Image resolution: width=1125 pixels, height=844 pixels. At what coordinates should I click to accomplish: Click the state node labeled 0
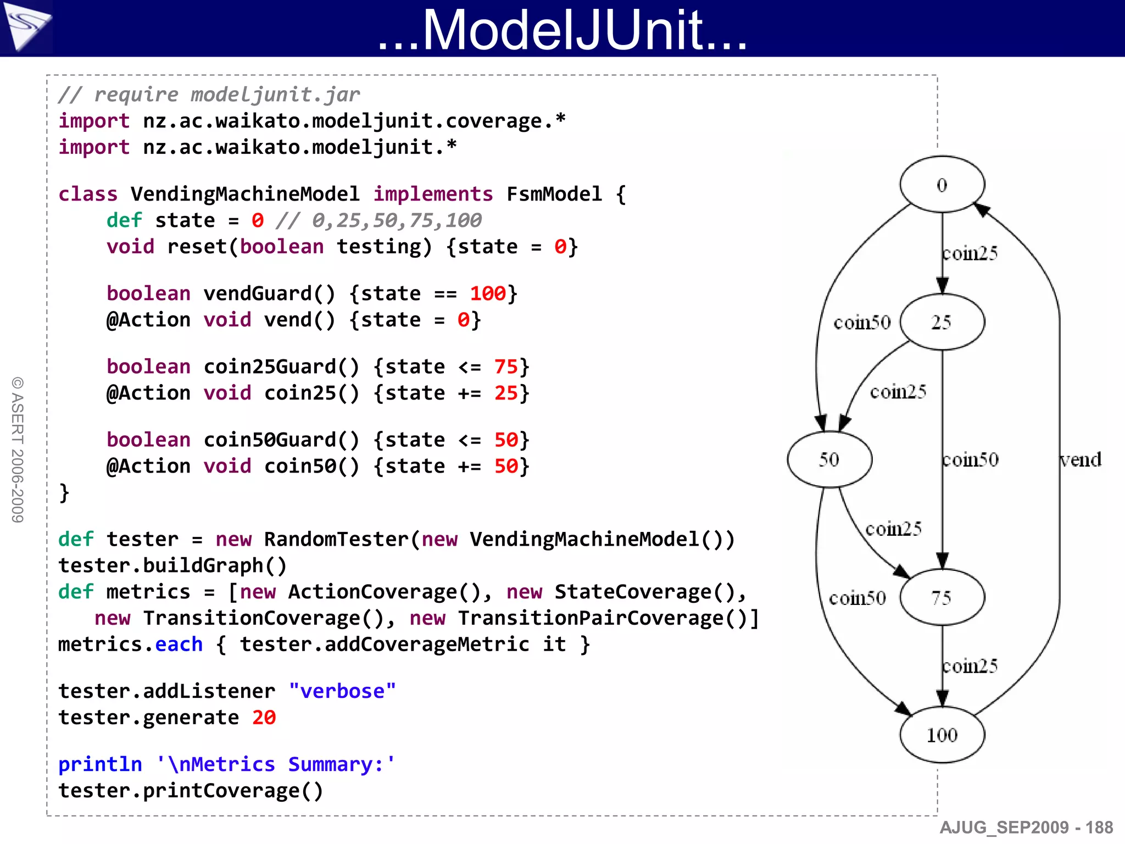[942, 185]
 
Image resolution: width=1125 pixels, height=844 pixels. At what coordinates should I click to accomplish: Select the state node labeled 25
[942, 322]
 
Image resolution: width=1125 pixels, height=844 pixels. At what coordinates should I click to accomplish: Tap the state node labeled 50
[829, 459]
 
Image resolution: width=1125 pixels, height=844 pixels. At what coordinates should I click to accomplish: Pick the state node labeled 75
[942, 597]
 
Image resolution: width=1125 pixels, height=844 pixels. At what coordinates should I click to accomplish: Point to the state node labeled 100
[942, 735]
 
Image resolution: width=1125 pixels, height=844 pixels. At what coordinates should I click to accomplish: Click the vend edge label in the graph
[1081, 459]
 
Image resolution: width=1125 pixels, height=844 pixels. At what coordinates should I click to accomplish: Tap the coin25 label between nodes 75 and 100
[970, 666]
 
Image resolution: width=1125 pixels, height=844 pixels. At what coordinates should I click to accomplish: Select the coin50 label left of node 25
[862, 323]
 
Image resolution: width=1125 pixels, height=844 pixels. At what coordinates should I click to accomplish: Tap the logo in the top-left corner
[26, 26]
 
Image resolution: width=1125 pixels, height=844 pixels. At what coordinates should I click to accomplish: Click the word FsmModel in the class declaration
[554, 194]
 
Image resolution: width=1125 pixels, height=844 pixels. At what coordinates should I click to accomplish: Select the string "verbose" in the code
[342, 691]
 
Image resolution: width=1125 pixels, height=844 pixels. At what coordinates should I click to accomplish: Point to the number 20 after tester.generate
[264, 718]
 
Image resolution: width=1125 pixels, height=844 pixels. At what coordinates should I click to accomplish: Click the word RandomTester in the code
[336, 539]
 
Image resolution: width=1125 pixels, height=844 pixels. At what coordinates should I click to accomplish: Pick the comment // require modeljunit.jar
[209, 95]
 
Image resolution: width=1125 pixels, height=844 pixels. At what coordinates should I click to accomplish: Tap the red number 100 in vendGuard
[487, 293]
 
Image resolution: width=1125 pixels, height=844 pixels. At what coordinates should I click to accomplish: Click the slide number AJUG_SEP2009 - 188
[1026, 828]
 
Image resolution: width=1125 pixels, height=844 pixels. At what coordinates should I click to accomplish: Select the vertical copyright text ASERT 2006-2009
[18, 449]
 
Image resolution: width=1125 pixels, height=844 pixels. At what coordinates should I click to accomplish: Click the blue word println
[100, 764]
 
